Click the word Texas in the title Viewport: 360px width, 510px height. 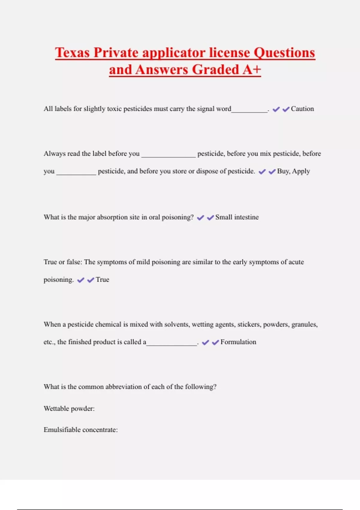(72, 52)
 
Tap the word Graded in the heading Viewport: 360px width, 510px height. (215, 70)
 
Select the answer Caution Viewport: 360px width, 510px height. (302, 109)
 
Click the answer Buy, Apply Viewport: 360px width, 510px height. (293, 171)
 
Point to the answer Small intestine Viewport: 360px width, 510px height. (237, 217)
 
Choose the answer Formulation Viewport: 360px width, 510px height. (238, 342)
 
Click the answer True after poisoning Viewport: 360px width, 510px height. (102, 279)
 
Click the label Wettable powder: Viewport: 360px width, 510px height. (69, 408)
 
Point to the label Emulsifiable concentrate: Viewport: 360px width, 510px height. (81, 430)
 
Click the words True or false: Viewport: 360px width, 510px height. (63, 262)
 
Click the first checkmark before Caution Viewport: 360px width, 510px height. (276, 109)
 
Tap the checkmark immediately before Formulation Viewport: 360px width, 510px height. (215, 342)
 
